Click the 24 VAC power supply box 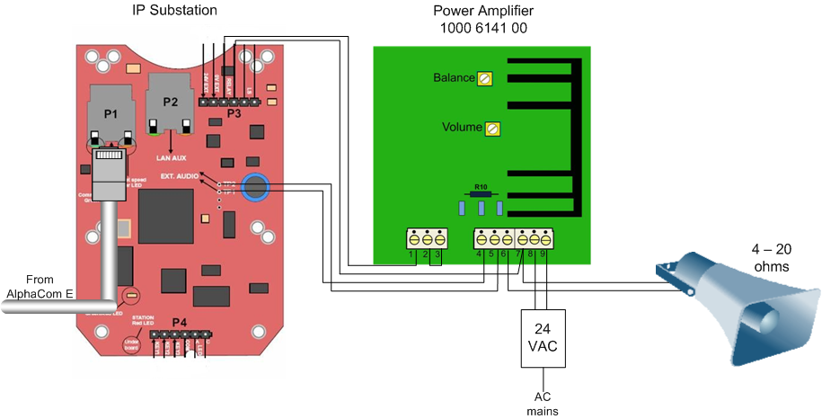543,338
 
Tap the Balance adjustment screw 485,79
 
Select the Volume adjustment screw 491,129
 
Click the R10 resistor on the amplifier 482,193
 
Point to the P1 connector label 110,114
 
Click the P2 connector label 171,102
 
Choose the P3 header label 234,114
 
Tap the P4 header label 180,322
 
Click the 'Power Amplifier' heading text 483,12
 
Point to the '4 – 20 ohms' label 772,258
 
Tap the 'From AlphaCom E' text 40,286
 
